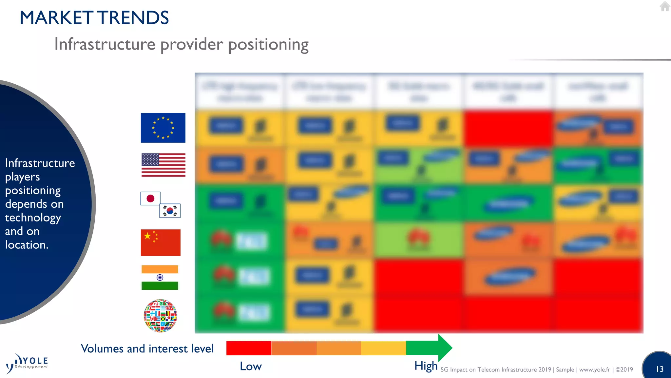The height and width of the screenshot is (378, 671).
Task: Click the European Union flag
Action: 163,128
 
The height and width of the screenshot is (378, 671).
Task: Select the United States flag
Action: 163,165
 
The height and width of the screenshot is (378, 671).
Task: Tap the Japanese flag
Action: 150,198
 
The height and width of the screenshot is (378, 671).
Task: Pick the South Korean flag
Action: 170,211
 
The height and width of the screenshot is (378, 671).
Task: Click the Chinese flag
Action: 161,242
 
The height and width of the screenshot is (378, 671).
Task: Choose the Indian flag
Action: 160,278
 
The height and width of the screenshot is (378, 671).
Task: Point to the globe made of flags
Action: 161,316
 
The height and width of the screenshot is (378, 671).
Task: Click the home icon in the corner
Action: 665,6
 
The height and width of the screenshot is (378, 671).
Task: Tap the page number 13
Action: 660,369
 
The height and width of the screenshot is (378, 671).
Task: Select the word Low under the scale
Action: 251,366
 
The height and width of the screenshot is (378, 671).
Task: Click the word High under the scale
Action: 426,366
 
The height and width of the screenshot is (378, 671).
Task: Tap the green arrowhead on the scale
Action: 445,348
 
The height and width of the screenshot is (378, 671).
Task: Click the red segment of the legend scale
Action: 249,348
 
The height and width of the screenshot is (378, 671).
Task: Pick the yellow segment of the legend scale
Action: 383,348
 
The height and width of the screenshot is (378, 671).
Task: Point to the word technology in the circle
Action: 33,218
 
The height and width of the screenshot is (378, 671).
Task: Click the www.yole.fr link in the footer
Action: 595,369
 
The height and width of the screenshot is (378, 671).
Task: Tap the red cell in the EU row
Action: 508,128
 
